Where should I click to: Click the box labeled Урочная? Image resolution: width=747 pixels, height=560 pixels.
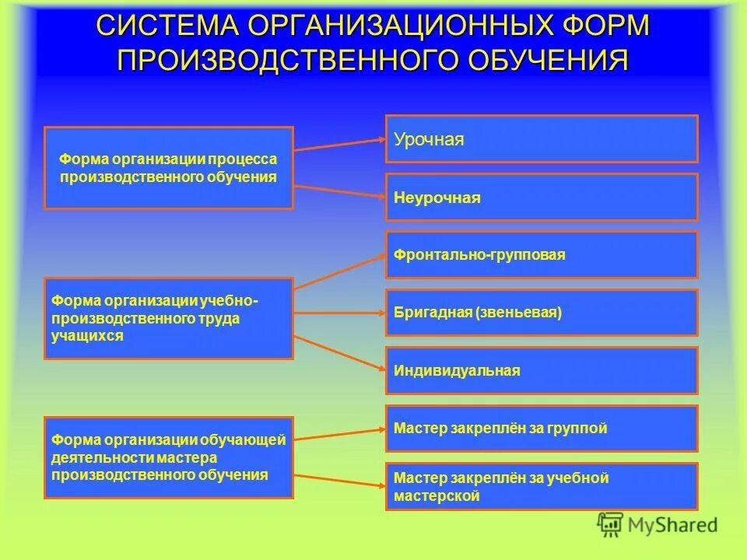(542, 139)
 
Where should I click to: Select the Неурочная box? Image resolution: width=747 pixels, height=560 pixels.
(542, 198)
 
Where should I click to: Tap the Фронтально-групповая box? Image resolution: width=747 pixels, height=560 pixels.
(542, 255)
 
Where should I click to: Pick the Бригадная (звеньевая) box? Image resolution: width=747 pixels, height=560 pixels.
(542, 313)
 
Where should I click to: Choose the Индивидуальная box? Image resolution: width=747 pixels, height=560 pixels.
(542, 371)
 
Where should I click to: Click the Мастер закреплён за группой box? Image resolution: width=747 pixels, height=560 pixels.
(542, 429)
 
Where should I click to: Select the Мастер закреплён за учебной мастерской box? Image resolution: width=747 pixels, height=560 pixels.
(542, 487)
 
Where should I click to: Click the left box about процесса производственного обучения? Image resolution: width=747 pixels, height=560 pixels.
(169, 168)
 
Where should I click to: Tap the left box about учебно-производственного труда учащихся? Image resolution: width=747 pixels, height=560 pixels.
(169, 318)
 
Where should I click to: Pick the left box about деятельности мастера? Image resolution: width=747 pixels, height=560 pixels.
(169, 457)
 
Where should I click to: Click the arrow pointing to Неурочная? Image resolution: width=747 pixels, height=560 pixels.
(339, 192)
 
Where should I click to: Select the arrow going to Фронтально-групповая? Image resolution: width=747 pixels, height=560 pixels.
(339, 270)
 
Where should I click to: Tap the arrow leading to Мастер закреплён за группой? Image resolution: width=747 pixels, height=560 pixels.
(339, 433)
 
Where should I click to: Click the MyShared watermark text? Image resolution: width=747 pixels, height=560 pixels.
(672, 525)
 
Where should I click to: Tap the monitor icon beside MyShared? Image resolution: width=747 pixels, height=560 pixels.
(611, 525)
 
